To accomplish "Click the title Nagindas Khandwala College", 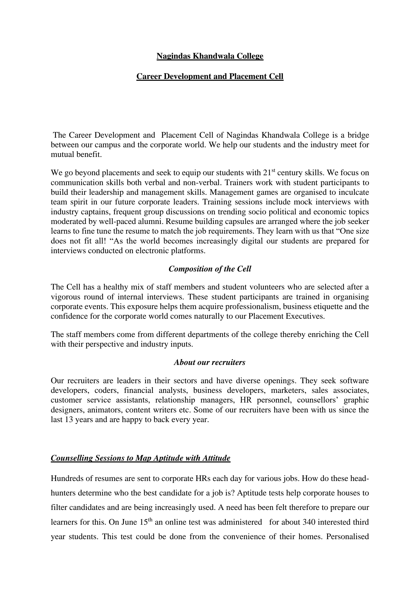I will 210,56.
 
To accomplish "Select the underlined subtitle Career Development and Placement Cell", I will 210,76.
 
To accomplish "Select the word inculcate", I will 354,192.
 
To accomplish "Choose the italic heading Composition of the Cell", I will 210,269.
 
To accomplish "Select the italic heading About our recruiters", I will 209,362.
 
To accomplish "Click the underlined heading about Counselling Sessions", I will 140,458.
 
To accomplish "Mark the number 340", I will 309,522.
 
